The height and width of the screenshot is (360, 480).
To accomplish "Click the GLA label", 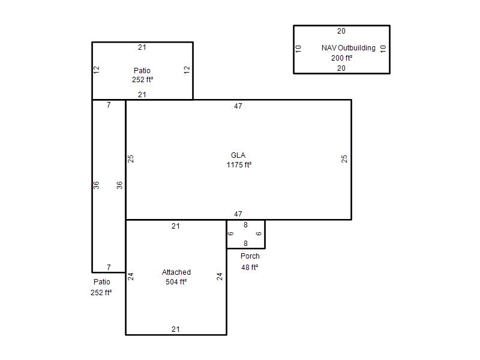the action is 238,155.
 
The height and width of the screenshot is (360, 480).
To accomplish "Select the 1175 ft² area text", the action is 239,165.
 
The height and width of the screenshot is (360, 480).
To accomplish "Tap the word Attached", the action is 176,272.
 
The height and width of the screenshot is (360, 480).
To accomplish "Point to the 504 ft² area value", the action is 176,281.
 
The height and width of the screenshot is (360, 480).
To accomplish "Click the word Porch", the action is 250,256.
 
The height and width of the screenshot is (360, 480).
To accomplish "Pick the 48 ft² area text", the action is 250,267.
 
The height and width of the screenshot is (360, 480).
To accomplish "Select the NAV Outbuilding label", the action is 349,48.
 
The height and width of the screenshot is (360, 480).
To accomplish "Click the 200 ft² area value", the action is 341,58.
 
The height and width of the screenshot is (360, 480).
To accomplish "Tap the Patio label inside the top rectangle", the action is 142,70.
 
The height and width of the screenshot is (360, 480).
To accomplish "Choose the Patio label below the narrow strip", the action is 102,281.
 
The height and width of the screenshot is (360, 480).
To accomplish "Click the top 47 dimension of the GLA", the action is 238,106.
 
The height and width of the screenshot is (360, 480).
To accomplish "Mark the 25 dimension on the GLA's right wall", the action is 344,158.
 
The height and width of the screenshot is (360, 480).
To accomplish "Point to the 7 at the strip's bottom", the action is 109,267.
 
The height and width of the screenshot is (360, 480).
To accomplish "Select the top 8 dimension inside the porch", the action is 245,225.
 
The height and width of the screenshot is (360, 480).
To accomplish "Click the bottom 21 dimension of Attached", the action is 176,329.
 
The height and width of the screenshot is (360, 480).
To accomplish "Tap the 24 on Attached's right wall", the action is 220,277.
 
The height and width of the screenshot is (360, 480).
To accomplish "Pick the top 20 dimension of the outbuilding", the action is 341,31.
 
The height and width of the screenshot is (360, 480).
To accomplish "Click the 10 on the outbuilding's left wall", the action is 298,49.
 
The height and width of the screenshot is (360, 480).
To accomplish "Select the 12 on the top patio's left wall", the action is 97,70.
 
